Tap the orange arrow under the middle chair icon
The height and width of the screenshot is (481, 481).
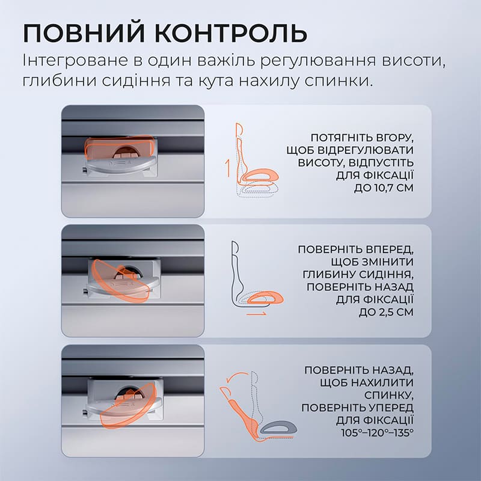pos(257,313)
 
